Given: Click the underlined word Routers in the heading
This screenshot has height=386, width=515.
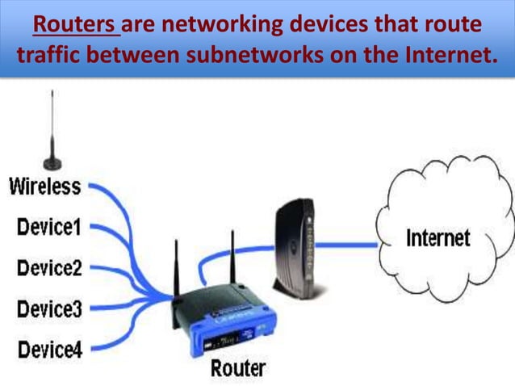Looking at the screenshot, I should coord(76,26).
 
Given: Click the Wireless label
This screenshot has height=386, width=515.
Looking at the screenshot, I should coord(44,187).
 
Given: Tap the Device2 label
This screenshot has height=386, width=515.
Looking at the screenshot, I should coord(49,267).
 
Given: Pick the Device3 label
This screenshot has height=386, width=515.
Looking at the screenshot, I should coord(49,308).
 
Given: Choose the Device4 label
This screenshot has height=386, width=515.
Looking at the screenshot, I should coord(49,349).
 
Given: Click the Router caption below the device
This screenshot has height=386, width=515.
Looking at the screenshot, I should coord(238,369).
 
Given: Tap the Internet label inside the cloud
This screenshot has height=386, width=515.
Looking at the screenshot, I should coord(438,237).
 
